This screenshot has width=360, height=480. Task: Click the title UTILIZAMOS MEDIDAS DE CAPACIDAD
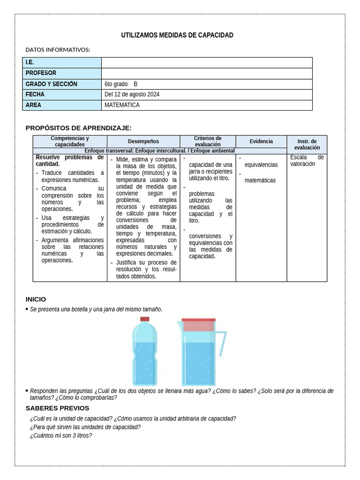click(x=177, y=35)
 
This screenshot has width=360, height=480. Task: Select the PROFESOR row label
click(x=41, y=73)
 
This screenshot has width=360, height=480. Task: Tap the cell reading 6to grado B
click(x=121, y=84)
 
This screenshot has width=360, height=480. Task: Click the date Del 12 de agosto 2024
click(x=132, y=95)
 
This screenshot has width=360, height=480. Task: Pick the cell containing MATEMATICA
click(x=122, y=105)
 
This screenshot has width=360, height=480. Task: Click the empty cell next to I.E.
click(x=206, y=62)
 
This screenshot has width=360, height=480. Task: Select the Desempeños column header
click(x=143, y=142)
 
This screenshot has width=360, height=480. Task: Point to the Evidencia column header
click(x=261, y=141)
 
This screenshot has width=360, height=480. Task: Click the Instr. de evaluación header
click(x=307, y=144)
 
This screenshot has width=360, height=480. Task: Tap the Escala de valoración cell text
click(x=307, y=161)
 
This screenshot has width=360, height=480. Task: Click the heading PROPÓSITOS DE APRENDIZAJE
click(x=78, y=128)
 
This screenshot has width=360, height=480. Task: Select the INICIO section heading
click(x=36, y=299)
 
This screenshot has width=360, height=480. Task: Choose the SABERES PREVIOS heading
click(x=57, y=408)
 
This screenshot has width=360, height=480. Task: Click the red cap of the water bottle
click(x=145, y=319)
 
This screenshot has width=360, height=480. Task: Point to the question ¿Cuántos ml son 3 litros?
click(x=60, y=435)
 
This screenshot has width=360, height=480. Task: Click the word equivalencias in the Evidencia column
click(x=261, y=165)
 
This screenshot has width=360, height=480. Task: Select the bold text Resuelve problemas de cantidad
click(x=69, y=161)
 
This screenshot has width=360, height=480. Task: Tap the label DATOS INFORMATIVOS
click(x=58, y=50)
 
